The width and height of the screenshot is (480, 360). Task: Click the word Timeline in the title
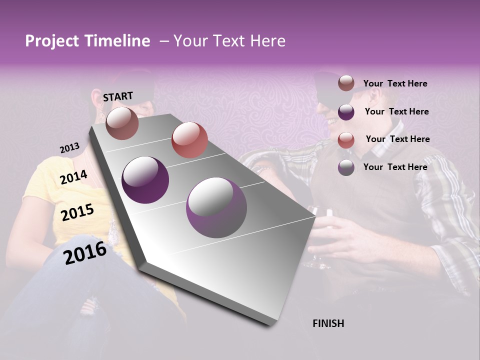point(117,41)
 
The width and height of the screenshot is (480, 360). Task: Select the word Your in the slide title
point(191,41)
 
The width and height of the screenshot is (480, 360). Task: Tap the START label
point(118,96)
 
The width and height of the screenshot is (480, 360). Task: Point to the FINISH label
point(328,323)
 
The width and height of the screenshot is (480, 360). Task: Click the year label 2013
point(69,148)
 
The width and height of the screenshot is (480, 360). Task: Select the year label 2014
point(74,177)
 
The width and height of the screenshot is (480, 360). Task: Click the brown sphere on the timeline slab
point(122,123)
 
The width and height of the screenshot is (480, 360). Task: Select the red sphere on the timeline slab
point(189,140)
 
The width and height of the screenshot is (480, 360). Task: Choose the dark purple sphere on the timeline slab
point(145,180)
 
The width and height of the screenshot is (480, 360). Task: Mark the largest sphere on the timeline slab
point(216,207)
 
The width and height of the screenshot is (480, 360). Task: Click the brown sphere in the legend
point(346,83)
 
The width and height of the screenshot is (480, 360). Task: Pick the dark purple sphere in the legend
point(346,111)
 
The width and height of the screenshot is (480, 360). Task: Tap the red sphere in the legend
point(346,139)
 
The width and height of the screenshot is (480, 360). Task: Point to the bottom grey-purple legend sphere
point(346,167)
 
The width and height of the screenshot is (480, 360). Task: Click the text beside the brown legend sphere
point(395,83)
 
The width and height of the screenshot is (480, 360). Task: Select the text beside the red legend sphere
point(397,139)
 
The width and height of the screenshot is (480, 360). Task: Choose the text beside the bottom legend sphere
point(395,167)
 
